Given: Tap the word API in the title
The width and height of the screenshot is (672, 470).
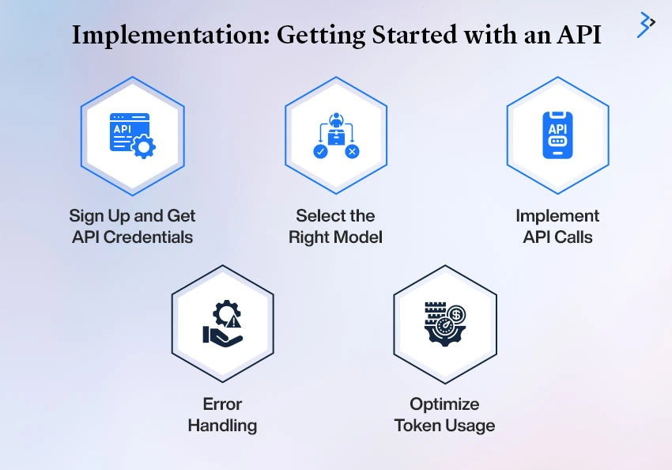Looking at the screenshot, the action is click(579, 35).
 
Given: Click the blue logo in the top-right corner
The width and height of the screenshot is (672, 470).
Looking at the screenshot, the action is click(646, 25).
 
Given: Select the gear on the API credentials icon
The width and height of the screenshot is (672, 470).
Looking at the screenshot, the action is click(144, 146).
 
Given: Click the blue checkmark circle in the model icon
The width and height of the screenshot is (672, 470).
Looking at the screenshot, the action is click(320, 151).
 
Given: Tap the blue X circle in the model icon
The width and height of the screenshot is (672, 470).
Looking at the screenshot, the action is click(353, 151).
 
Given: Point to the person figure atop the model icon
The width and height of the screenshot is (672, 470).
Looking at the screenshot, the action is click(336, 119).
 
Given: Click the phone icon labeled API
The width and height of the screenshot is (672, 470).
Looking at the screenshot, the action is click(557, 135).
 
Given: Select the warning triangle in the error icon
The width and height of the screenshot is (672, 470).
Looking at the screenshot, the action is click(233, 321).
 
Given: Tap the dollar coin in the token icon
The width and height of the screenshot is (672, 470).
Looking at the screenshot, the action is click(456, 315).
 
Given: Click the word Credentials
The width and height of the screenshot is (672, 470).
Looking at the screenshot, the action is click(149, 237).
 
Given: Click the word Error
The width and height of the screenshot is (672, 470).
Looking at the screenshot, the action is click(222, 404).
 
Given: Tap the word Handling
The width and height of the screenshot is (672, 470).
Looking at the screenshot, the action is click(222, 426).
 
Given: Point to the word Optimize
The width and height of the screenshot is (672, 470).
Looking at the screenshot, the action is click(444, 404).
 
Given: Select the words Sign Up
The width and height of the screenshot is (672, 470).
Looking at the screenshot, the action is click(100, 216).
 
